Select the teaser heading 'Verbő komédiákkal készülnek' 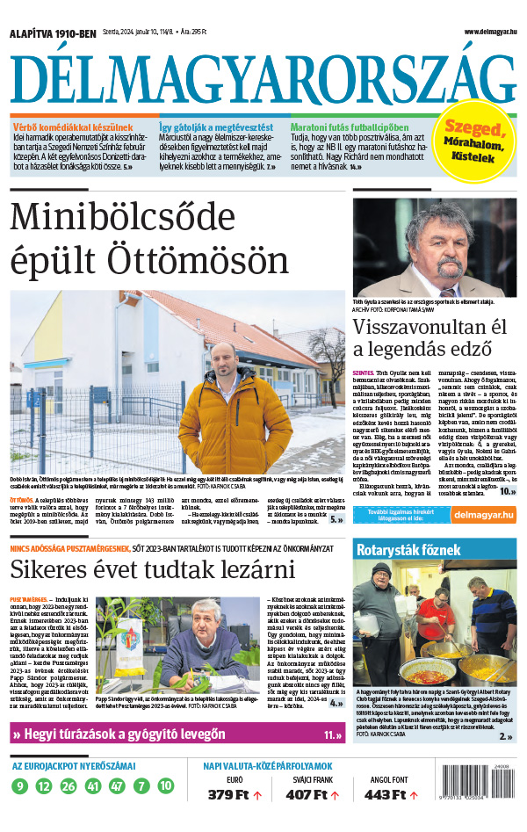pos(72,127)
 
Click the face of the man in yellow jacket pos(225,361)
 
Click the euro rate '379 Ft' pos(228,795)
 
